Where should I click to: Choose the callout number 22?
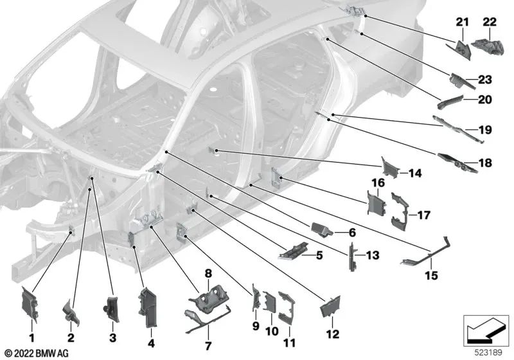coord(490,23)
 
